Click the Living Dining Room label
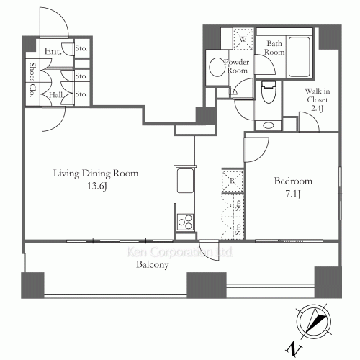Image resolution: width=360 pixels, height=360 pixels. click(96, 174)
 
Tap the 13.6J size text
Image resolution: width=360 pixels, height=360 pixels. click(96, 186)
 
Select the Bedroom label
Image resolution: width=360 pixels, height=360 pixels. click(293, 181)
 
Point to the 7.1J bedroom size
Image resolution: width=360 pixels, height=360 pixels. click(293, 194)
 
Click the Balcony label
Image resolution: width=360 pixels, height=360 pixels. click(153, 265)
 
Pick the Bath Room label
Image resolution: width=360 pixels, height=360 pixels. click(274, 48)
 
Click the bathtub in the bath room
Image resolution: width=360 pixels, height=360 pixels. click(299, 57)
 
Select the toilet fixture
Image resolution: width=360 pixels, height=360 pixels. click(269, 91)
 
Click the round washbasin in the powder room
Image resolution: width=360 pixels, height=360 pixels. click(217, 67)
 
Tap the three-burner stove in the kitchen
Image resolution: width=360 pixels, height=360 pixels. click(185, 222)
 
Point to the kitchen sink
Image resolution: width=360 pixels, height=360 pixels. click(185, 181)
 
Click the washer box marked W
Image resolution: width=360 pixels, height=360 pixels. click(243, 39)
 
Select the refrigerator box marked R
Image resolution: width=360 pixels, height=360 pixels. click(233, 181)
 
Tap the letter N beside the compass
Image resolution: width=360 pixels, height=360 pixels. click(294, 349)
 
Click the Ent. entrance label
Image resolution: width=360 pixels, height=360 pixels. click(53, 51)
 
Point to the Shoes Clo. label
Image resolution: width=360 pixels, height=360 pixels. click(32, 80)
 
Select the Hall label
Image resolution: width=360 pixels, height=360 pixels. click(55, 95)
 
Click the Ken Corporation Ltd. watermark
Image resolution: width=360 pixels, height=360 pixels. click(179, 252)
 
